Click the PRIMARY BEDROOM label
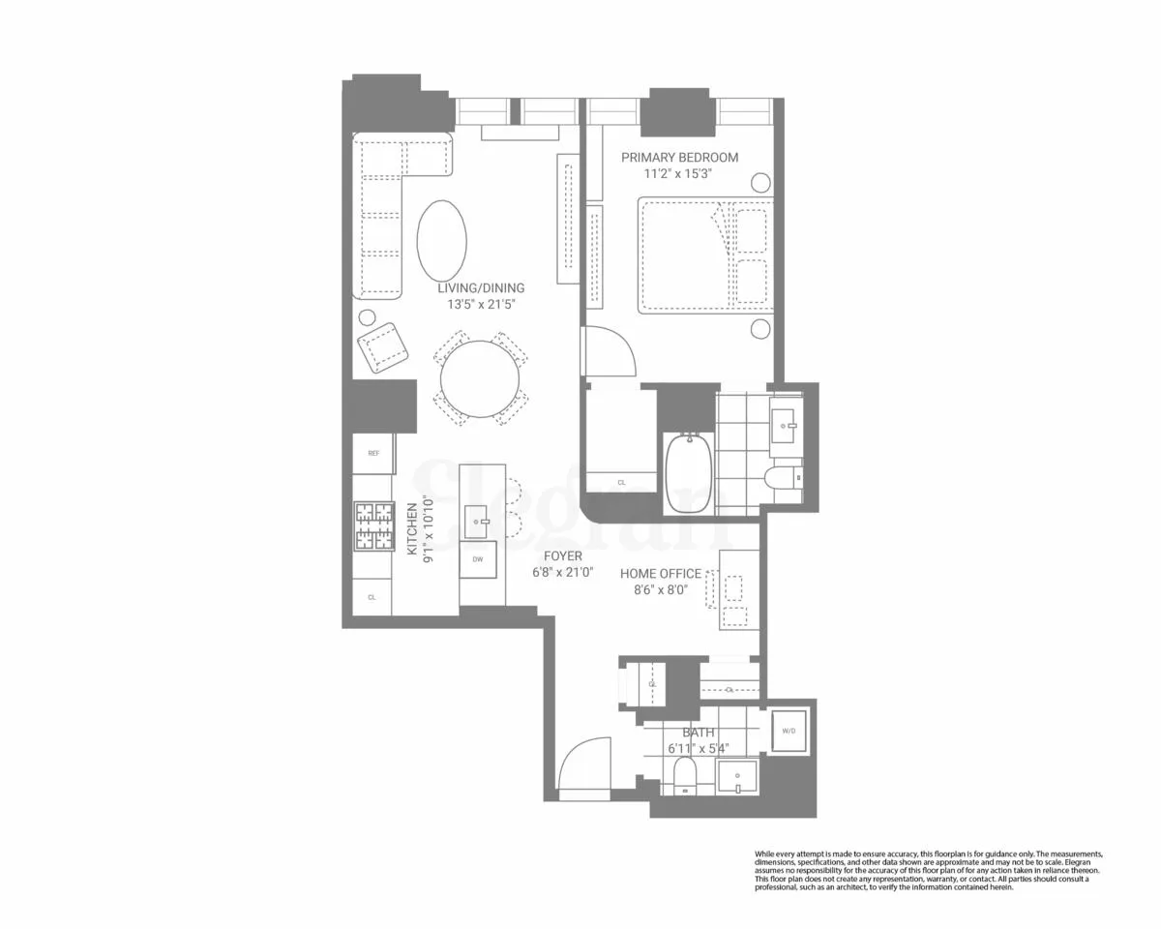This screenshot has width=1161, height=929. [x=679, y=158]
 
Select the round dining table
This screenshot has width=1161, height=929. [x=479, y=378]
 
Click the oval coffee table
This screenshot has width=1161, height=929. [x=441, y=237]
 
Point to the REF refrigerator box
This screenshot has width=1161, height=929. [x=372, y=453]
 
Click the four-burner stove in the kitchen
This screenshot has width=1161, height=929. [x=373, y=525]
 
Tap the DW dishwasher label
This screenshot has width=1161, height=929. [x=478, y=560]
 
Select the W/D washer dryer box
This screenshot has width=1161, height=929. [x=789, y=730]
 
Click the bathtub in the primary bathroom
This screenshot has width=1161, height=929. [x=688, y=474]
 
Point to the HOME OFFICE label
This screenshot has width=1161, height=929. [x=661, y=574]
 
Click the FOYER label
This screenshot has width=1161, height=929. [x=562, y=556]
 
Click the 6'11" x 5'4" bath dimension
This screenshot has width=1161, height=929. [x=698, y=748]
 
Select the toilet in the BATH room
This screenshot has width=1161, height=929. [x=685, y=775]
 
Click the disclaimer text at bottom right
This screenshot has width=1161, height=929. [x=929, y=871]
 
